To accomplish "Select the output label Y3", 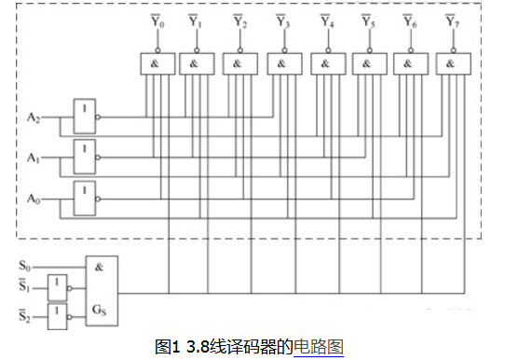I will tap(282, 21).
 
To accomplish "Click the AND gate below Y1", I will tap(195, 64).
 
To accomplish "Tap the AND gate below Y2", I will tap(237, 64).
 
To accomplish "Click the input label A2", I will tap(34, 118).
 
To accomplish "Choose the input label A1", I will tap(34, 159).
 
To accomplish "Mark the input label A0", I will tap(34, 200).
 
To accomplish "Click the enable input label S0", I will tap(24, 266).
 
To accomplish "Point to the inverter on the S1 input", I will tap(60, 284).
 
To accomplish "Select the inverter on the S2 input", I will tap(60, 312).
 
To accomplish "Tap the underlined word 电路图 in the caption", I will tap(319, 347).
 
